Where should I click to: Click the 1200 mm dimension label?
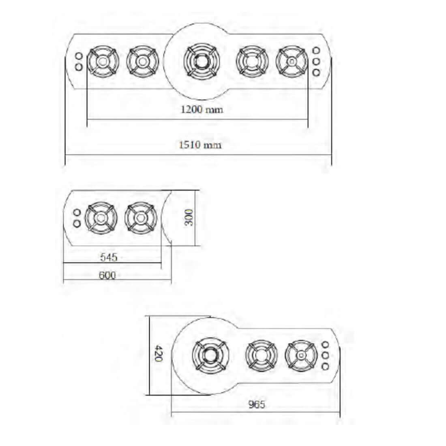click(x=202, y=109)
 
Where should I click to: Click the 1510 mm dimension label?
click(x=200, y=145)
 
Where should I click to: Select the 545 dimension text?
click(x=109, y=257)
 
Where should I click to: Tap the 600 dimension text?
click(x=107, y=275)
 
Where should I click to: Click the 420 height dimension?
click(x=159, y=354)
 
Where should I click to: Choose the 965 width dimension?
click(x=256, y=404)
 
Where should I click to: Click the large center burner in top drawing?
click(x=201, y=62)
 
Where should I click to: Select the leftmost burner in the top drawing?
click(x=102, y=62)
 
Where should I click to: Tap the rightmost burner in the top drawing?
click(x=291, y=62)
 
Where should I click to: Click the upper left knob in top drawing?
click(x=79, y=56)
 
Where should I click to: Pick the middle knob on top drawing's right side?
click(x=316, y=62)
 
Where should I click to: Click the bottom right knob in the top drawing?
click(x=316, y=73)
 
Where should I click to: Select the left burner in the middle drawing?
click(x=101, y=218)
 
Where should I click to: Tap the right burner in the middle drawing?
click(x=140, y=218)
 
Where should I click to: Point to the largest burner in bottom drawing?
click(x=210, y=356)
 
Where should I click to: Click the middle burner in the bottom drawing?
click(x=261, y=356)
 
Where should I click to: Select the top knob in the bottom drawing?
click(x=325, y=345)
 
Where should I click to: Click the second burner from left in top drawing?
click(x=142, y=62)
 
